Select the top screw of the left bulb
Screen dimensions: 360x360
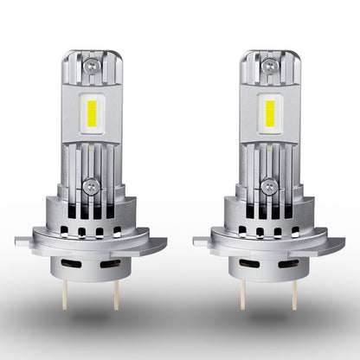pyautogui.click(x=94, y=65)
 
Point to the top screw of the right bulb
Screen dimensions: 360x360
pyautogui.click(x=267, y=65)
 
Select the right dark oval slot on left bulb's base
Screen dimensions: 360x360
pyautogui.click(x=109, y=261)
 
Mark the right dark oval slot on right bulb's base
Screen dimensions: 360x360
pyautogui.click(x=282, y=261)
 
